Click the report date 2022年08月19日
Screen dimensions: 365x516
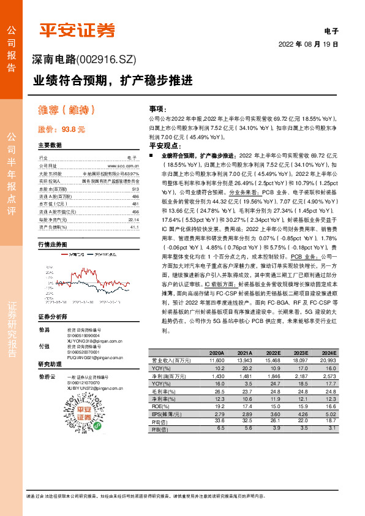tap(308, 44)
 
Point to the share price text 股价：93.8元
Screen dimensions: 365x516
tap(61, 129)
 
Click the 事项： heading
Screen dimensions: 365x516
tap(158, 108)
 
